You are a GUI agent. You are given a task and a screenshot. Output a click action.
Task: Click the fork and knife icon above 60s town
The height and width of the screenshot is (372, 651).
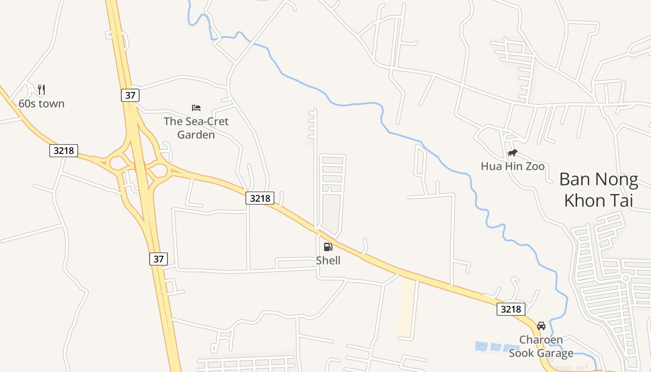41,90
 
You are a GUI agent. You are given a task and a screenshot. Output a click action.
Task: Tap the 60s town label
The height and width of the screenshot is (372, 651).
41,104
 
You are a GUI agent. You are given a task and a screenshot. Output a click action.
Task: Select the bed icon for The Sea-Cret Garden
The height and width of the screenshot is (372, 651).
196,108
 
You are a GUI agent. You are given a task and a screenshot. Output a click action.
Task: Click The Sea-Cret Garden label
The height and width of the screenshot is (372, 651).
196,128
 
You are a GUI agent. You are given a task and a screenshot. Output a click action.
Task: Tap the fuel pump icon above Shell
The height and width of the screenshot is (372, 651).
328,247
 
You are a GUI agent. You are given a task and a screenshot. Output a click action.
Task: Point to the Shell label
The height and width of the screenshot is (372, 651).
328,260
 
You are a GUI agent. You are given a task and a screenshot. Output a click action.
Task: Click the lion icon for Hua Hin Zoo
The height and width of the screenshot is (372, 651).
512,153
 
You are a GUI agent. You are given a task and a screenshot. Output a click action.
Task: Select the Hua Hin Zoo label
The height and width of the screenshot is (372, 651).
512,166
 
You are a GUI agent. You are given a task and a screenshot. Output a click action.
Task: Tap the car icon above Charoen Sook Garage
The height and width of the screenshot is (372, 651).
541,326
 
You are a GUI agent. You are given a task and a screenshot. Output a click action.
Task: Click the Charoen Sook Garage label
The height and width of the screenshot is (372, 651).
541,346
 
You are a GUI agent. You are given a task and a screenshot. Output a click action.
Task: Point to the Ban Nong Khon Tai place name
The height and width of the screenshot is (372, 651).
598,190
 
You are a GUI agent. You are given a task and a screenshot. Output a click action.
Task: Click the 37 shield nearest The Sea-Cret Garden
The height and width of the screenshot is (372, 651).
130,95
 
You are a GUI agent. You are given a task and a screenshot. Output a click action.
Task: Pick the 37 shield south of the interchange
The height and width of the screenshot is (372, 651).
159,259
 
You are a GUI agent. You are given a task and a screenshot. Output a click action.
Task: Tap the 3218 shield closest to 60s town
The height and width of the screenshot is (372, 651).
64,151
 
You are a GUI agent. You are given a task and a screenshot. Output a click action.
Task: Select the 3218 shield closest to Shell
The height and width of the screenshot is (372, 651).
260,198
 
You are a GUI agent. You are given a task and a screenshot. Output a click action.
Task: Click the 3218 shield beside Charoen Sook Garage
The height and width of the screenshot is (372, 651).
511,309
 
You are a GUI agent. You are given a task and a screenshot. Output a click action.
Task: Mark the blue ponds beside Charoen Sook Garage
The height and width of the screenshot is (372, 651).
496,346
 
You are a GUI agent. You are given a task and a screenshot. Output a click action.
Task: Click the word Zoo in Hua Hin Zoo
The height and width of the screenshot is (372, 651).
535,166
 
